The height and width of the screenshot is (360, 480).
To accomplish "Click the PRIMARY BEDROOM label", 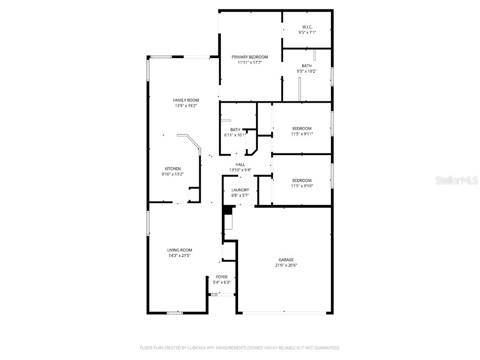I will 250,57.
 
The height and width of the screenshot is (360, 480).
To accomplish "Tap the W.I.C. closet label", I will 307,27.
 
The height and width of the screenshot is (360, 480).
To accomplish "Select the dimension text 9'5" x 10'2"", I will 307,71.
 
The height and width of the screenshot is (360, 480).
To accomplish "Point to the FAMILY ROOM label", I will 186,100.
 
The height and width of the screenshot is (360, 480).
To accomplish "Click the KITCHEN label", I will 172,169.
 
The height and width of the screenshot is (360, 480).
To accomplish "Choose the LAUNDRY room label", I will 240,190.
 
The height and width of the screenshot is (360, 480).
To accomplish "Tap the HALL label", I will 240,164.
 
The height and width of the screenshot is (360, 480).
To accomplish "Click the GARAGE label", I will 286,260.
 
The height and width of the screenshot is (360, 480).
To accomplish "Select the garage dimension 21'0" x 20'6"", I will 286,265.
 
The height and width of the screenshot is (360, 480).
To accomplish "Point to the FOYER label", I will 222,277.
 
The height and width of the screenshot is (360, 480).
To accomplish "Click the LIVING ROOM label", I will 180,250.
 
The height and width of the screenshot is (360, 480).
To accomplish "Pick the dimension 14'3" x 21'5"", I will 180,255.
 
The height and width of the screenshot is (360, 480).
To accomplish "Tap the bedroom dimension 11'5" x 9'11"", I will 302,134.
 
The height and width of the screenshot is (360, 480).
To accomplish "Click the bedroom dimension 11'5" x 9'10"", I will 302,186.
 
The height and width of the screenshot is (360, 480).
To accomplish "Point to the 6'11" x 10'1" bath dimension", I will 235,135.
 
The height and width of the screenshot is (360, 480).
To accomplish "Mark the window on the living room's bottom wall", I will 175,313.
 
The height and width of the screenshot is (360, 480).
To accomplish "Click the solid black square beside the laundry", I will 227,210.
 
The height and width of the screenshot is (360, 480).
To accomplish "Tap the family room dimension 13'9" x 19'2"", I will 186,106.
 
